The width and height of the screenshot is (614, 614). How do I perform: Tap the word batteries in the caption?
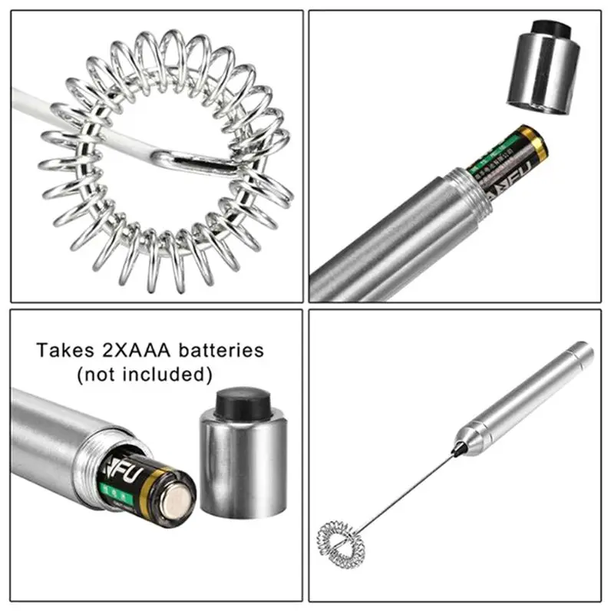tap(220, 351)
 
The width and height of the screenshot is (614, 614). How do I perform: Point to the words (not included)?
tap(144, 375)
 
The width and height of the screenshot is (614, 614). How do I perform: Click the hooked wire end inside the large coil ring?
tap(192, 159)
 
